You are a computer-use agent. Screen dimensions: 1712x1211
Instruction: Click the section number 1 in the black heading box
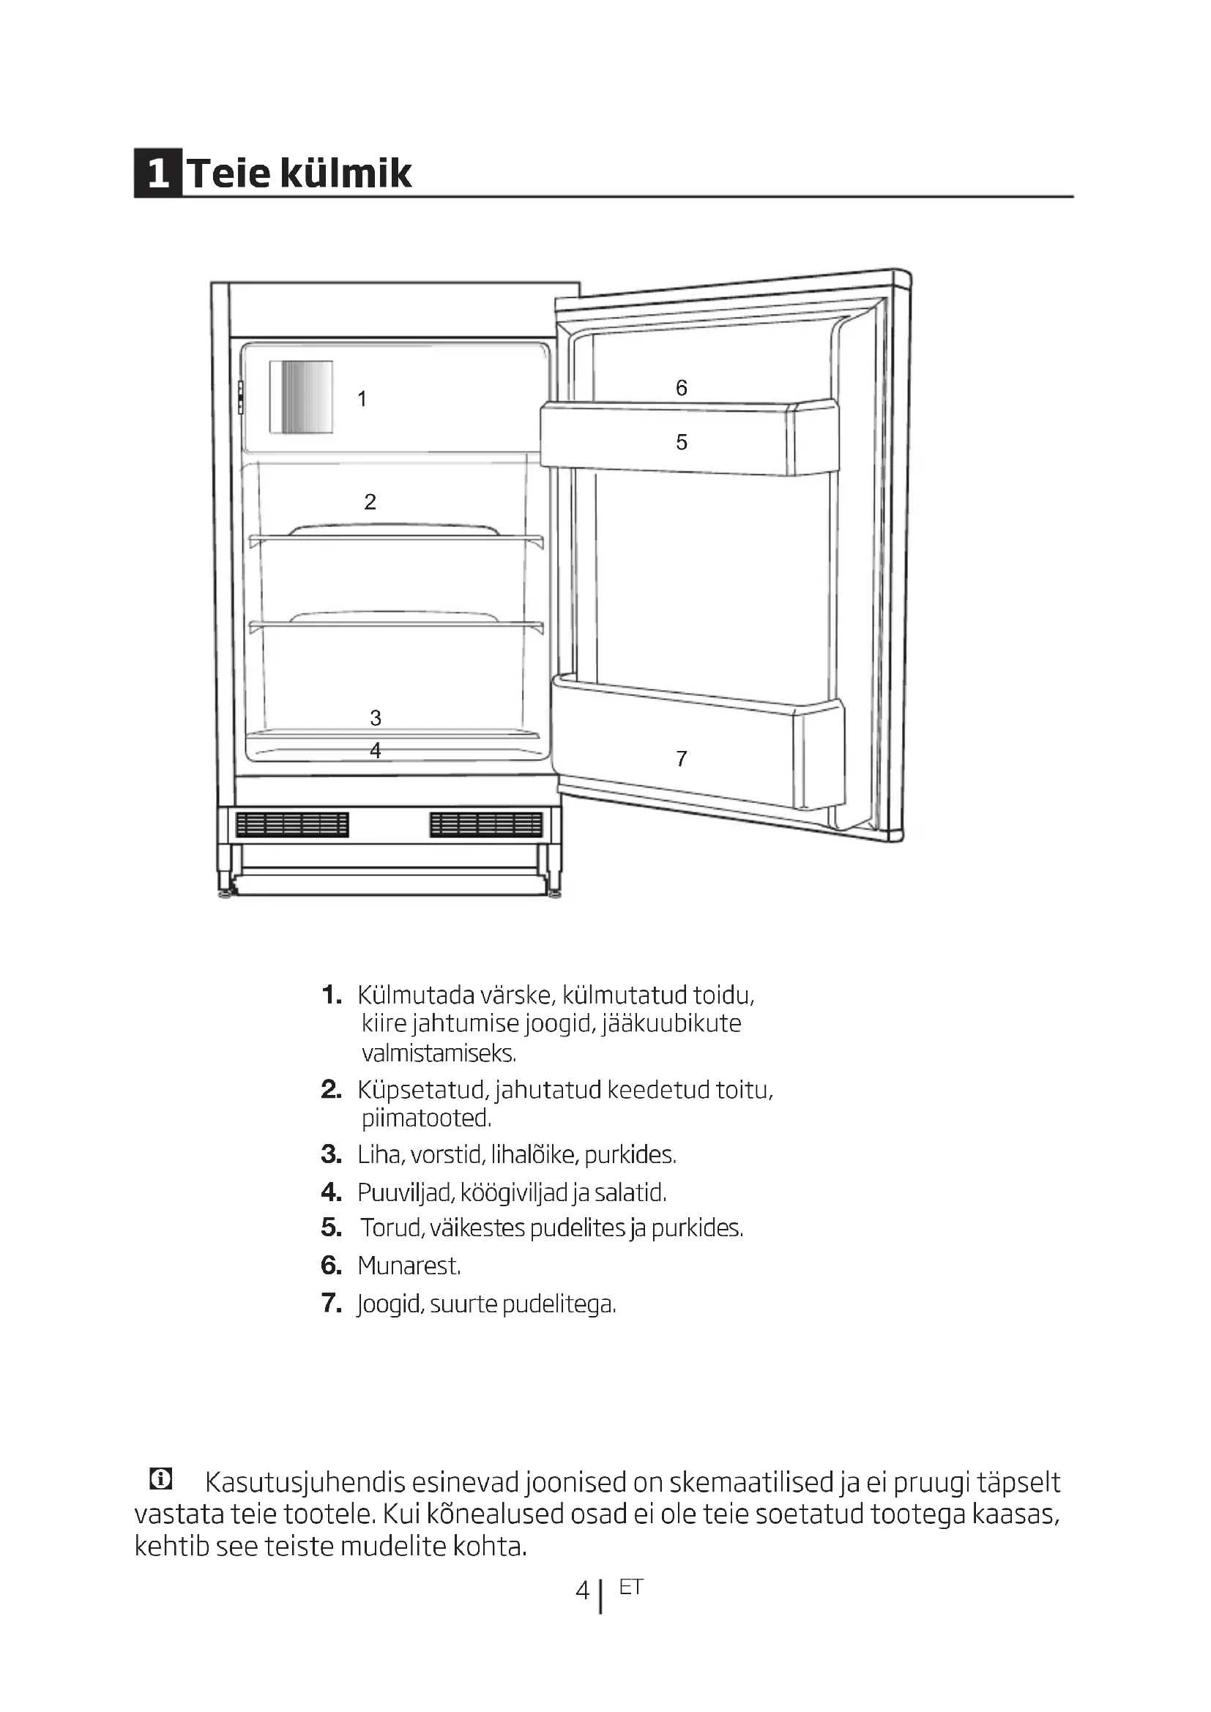(x=157, y=173)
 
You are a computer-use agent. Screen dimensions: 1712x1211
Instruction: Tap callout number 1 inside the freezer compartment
(x=362, y=399)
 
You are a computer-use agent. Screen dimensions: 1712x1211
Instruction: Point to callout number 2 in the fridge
(x=370, y=502)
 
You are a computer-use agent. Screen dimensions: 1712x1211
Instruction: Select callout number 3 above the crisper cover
(x=376, y=717)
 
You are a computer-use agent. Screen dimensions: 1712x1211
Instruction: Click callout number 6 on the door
(x=681, y=388)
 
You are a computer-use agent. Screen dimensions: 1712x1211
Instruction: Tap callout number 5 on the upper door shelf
(x=681, y=442)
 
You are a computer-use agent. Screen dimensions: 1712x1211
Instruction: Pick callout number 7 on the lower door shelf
(x=681, y=758)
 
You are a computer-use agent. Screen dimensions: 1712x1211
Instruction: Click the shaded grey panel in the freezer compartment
(x=300, y=397)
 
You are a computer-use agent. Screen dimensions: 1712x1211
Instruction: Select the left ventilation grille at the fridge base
(x=291, y=825)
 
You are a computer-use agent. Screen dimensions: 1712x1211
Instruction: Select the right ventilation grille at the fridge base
(x=486, y=825)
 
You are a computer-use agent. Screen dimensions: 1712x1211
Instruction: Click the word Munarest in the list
(x=409, y=1266)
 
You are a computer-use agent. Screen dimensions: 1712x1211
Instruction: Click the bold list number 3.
(x=330, y=1155)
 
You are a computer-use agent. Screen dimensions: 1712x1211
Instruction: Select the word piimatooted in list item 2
(x=426, y=1118)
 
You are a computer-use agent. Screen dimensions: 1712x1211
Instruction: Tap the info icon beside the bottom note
(x=160, y=1479)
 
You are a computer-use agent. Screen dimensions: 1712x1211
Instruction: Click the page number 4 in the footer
(x=582, y=1592)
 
